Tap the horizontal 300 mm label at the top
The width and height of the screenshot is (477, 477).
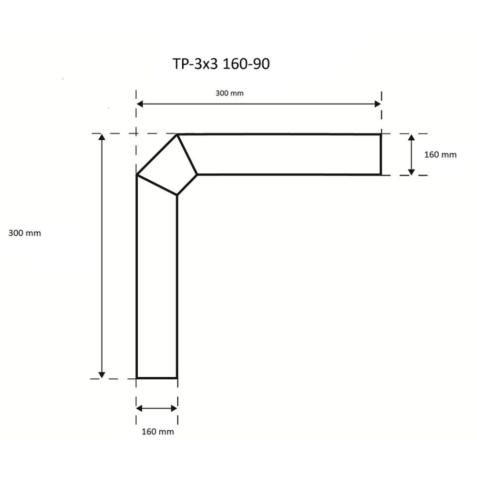tap(229, 93)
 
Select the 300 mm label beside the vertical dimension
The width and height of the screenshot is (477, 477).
tap(25, 233)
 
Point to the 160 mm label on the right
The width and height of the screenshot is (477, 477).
tap(440, 155)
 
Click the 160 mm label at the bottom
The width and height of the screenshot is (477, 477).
tap(157, 432)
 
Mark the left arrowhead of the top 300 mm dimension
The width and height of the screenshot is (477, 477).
tap(140, 104)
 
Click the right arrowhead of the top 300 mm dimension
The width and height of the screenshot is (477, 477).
tap(378, 104)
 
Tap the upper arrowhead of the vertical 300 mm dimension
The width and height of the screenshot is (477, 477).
tap(102, 137)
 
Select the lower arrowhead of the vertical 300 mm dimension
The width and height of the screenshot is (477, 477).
tap(102, 374)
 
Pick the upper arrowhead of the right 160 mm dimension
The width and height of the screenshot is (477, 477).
tap(412, 138)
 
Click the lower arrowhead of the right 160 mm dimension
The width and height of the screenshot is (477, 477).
tap(412, 171)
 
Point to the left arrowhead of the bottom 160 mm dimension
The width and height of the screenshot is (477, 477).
tap(140, 408)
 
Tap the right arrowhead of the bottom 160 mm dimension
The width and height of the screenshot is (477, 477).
tap(174, 408)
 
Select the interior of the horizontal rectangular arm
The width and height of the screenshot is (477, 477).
tap(286, 155)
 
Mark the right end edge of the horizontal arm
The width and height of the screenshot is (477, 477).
tap(381, 155)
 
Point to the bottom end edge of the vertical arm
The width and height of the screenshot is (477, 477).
tap(157, 378)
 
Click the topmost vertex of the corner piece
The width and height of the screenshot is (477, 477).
tap(177, 135)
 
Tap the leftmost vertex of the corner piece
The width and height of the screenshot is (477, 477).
tap(137, 175)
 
